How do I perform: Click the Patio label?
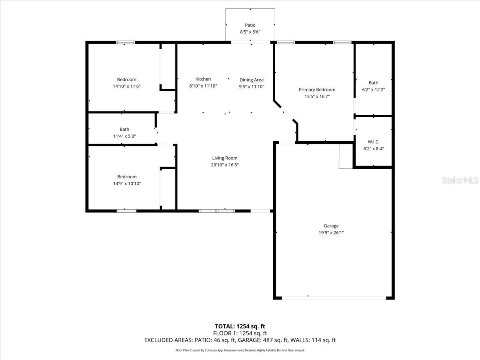click(x=250, y=25)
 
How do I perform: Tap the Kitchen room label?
click(x=203, y=79)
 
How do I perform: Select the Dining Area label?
click(x=252, y=80)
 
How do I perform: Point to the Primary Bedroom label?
click(x=317, y=90)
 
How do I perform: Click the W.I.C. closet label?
click(x=373, y=142)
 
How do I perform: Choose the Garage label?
click(x=331, y=226)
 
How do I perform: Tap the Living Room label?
click(x=225, y=158)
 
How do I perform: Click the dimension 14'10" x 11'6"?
click(x=127, y=86)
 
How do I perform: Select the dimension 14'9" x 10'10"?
click(x=127, y=184)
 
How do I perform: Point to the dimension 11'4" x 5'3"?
click(x=124, y=136)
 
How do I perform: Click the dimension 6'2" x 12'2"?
click(x=373, y=90)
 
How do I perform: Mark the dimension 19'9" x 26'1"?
click(x=331, y=232)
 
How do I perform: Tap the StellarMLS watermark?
click(x=460, y=180)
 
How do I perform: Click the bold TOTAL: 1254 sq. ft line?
click(x=240, y=326)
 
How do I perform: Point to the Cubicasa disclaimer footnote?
click(x=240, y=350)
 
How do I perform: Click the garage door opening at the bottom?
click(x=334, y=298)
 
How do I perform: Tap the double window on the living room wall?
click(x=217, y=210)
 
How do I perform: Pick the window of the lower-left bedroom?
click(x=126, y=210)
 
